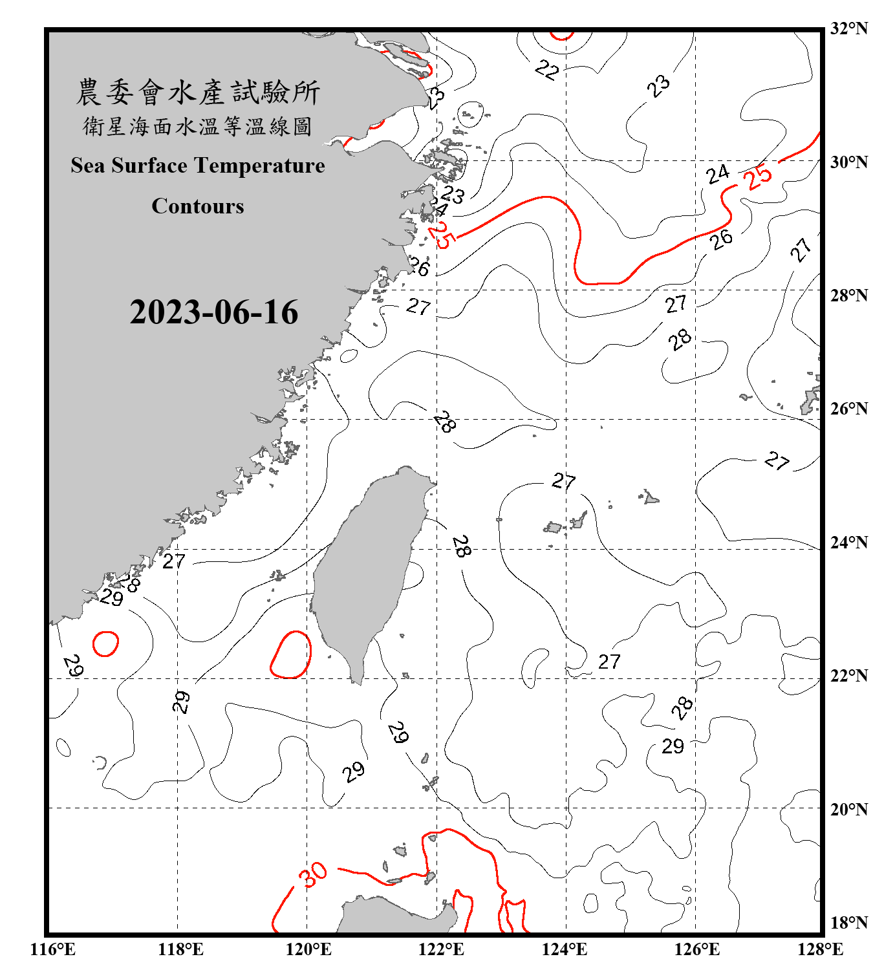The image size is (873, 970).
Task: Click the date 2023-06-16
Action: [213, 312]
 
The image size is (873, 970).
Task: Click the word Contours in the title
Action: [198, 206]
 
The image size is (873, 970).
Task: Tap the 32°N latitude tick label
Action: [848, 28]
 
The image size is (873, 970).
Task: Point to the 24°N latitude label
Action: [848, 542]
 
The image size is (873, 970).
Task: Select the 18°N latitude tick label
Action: [848, 922]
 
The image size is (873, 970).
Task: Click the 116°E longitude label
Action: [53, 949]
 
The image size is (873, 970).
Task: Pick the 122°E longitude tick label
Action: [441, 949]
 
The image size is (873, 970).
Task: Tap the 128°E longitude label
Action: [820, 949]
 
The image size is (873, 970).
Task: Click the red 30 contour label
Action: [314, 875]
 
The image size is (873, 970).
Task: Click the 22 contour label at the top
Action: [546, 70]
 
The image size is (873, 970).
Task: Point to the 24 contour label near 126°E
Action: [717, 174]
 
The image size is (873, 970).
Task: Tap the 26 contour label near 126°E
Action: [721, 239]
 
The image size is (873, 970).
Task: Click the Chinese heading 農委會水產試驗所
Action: [198, 92]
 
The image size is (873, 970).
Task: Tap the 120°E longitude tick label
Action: [308, 949]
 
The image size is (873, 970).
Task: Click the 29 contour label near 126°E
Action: [673, 747]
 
